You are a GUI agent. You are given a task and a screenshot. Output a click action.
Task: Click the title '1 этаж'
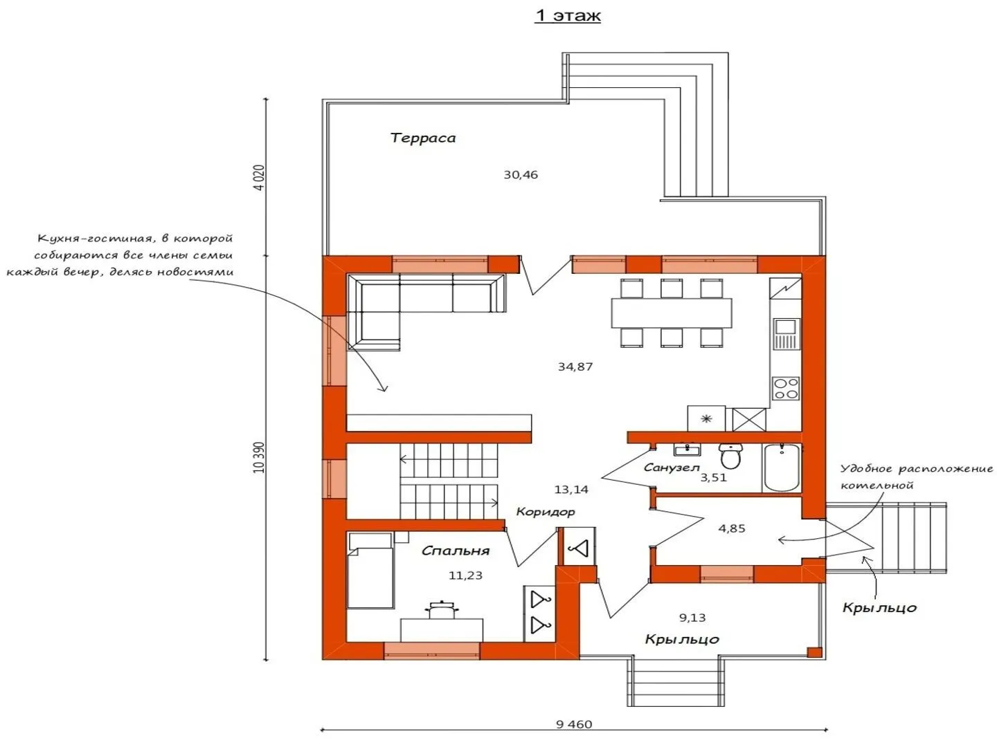click(x=568, y=15)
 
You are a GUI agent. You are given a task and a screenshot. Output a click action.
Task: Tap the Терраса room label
click(x=422, y=138)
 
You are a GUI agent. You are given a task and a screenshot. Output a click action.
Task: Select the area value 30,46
click(x=521, y=174)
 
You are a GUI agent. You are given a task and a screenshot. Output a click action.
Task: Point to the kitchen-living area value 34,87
click(x=575, y=367)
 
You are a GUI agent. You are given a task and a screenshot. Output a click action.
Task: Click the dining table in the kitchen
click(x=672, y=313)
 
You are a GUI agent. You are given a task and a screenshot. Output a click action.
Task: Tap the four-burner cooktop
click(x=786, y=388)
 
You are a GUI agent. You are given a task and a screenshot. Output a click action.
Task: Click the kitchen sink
click(x=787, y=334)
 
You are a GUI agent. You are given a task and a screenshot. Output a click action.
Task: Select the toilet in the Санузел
click(x=730, y=456)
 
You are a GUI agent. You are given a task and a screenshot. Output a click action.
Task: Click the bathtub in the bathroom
click(x=782, y=468)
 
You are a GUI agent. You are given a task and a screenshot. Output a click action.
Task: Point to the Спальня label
click(x=456, y=551)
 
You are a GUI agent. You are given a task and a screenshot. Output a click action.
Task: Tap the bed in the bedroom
click(x=370, y=571)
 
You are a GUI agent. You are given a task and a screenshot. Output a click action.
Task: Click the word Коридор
click(x=546, y=512)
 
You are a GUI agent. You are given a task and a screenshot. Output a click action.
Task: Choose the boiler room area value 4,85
click(x=732, y=528)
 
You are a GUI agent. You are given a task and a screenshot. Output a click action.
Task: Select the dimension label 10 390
click(x=259, y=457)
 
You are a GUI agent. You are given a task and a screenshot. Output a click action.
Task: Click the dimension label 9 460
click(x=574, y=724)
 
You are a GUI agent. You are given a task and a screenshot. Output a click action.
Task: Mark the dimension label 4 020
click(x=259, y=177)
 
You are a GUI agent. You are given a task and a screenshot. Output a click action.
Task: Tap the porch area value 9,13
click(x=692, y=618)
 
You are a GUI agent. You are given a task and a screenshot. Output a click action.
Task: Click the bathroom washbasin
click(x=687, y=450)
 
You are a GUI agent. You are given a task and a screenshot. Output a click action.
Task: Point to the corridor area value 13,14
click(x=571, y=490)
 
